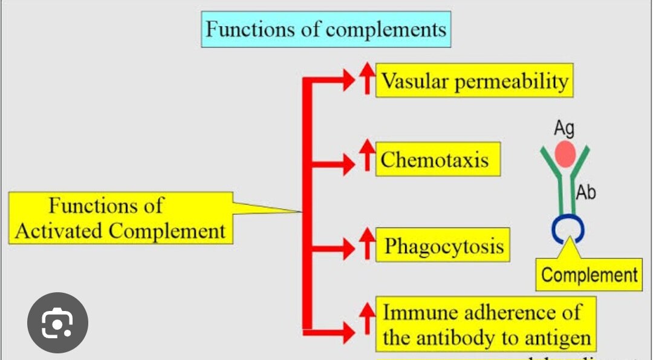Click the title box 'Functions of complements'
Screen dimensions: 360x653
[325, 30]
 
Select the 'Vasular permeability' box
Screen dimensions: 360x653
[474, 81]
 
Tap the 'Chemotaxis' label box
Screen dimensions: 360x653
[438, 160]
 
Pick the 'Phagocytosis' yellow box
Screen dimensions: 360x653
[443, 246]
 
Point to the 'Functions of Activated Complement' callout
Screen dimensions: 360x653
[120, 218]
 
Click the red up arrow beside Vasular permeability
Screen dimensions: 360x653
[366, 79]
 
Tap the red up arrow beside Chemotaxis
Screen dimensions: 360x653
[366, 156]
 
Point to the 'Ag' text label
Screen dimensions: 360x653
[564, 128]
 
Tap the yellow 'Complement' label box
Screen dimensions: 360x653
[589, 275]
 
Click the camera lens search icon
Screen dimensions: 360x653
[57, 322]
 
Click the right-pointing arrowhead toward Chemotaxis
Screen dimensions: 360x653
[349, 163]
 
